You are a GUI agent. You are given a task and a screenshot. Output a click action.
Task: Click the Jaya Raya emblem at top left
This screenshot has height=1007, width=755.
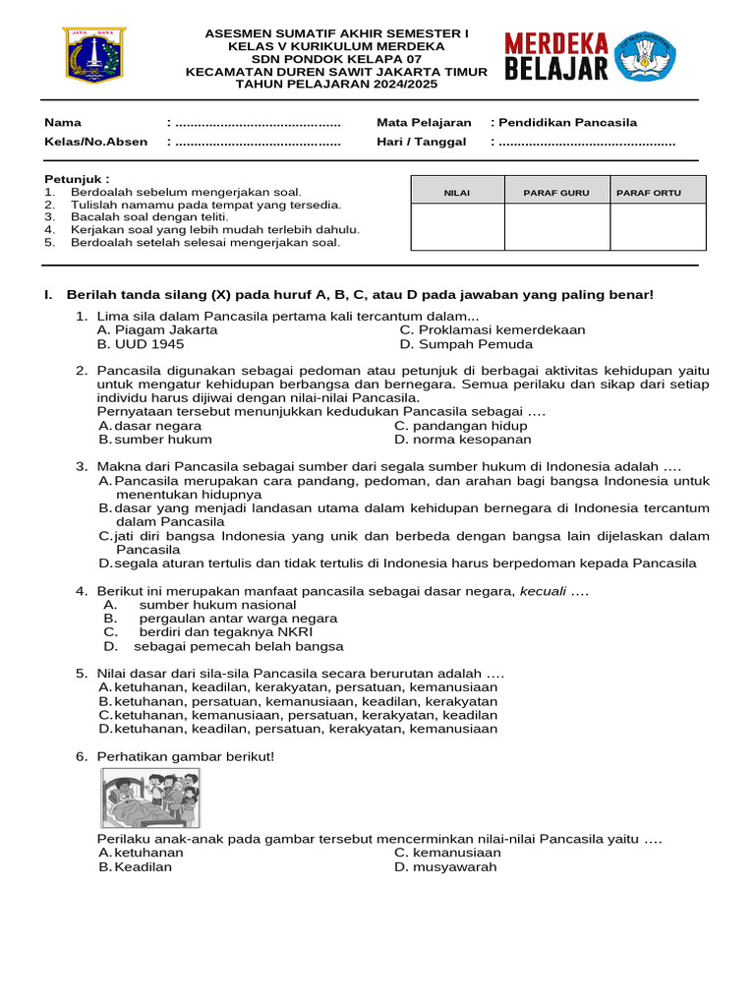[94, 56]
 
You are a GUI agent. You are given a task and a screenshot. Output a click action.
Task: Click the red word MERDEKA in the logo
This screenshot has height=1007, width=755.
[556, 44]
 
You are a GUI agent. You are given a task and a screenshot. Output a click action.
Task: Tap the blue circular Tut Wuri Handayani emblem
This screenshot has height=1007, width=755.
[646, 55]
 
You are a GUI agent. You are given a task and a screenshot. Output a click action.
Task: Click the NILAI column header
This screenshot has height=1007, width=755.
[457, 193]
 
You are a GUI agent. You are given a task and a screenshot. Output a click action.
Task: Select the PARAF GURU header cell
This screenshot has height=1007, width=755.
[556, 193]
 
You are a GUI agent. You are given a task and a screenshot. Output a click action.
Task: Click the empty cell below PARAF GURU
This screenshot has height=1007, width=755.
[556, 227]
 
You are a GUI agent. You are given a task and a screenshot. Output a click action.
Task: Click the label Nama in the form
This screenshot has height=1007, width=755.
[63, 123]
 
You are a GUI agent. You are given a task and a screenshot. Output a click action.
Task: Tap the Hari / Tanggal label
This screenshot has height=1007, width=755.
[421, 142]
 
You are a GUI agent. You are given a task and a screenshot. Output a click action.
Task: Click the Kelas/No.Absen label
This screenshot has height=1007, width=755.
[96, 142]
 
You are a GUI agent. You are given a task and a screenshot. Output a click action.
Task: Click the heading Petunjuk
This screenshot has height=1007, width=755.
[77, 179]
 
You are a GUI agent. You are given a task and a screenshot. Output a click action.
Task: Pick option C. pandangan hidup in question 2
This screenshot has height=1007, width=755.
[460, 426]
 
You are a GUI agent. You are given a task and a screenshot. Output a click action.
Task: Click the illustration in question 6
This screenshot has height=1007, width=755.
[150, 798]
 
